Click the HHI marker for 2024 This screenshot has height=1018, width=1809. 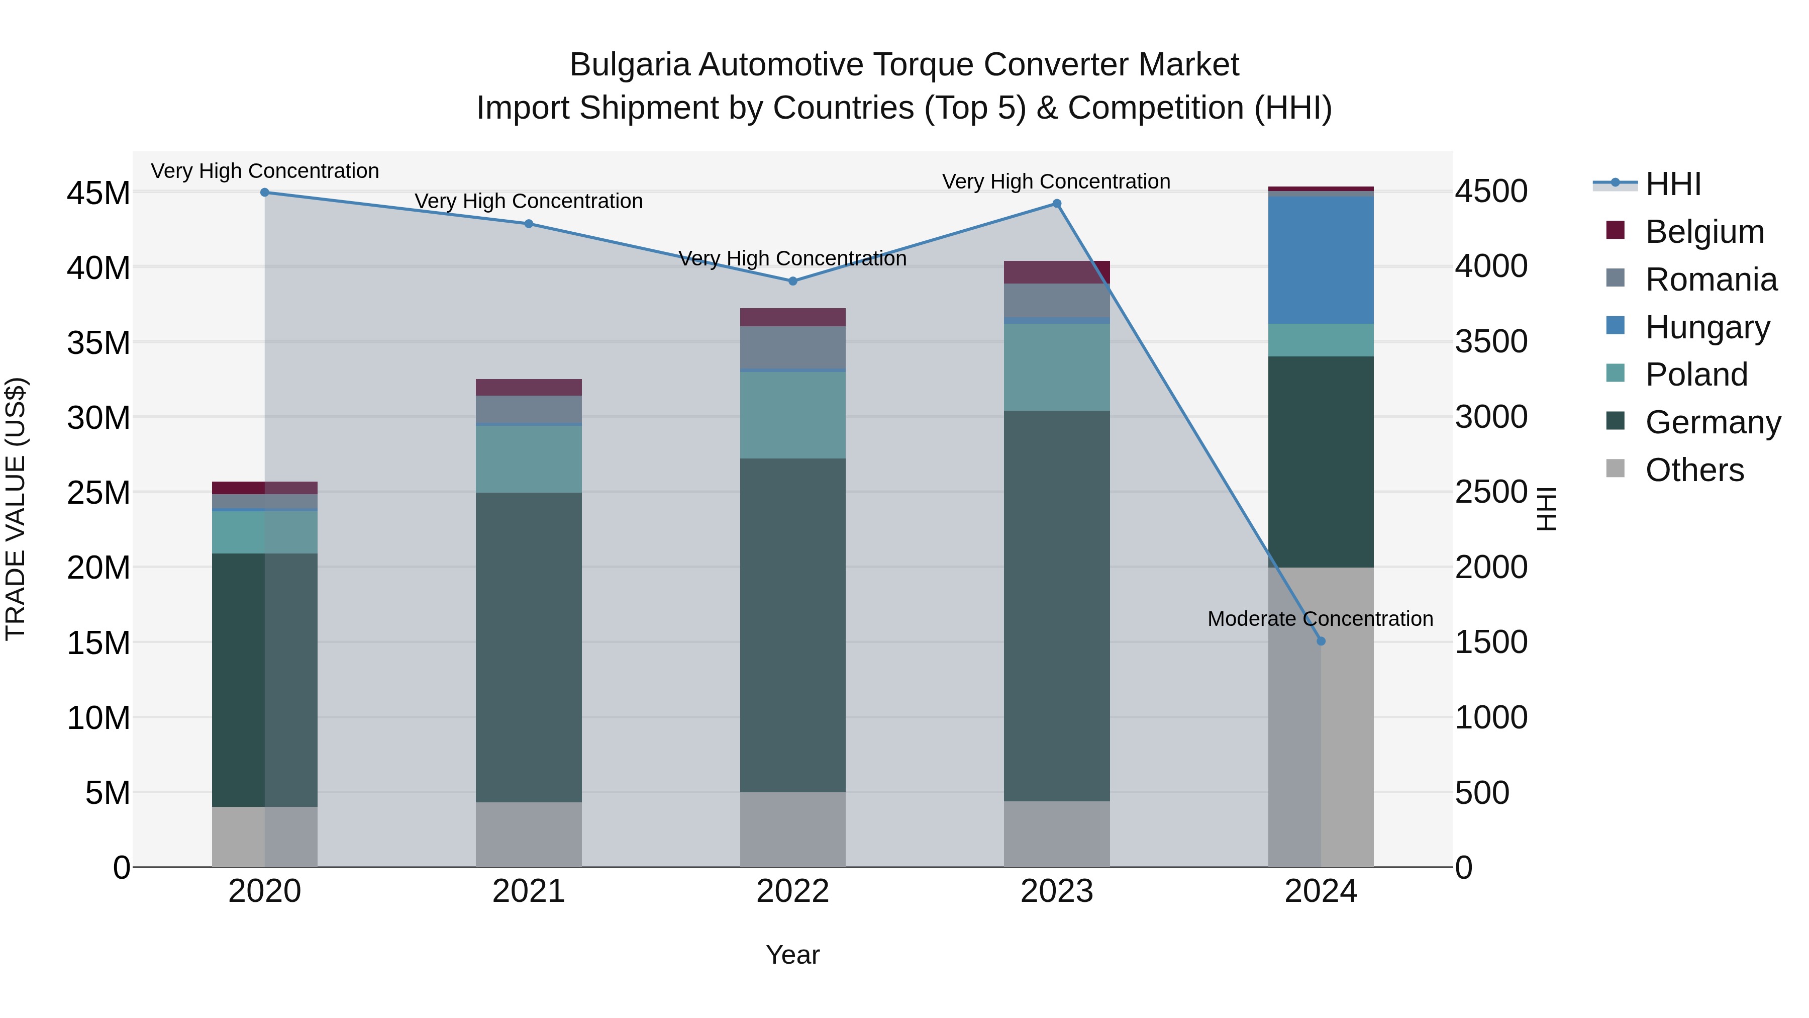coord(1320,641)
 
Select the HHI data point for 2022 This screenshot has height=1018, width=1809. coord(792,281)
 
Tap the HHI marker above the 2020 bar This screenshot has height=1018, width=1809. coord(265,192)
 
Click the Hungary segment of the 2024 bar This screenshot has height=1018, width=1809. coord(1320,260)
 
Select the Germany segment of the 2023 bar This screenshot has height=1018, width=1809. coord(1056,604)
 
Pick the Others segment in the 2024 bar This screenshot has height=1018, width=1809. coord(1320,716)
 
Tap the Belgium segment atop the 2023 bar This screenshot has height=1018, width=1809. coord(1056,272)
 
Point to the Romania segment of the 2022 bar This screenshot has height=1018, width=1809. coord(792,347)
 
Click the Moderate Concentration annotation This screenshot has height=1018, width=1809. coord(1320,619)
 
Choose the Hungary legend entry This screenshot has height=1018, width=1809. coord(1707,327)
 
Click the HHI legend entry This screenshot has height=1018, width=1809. coord(1673,184)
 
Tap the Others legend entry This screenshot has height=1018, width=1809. coord(1694,470)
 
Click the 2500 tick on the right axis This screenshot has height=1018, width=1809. coord(1491,492)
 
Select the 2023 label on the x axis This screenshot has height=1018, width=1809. coord(1056,891)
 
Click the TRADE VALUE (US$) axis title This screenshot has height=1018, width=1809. coord(16,509)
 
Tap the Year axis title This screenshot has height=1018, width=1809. coord(792,955)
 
